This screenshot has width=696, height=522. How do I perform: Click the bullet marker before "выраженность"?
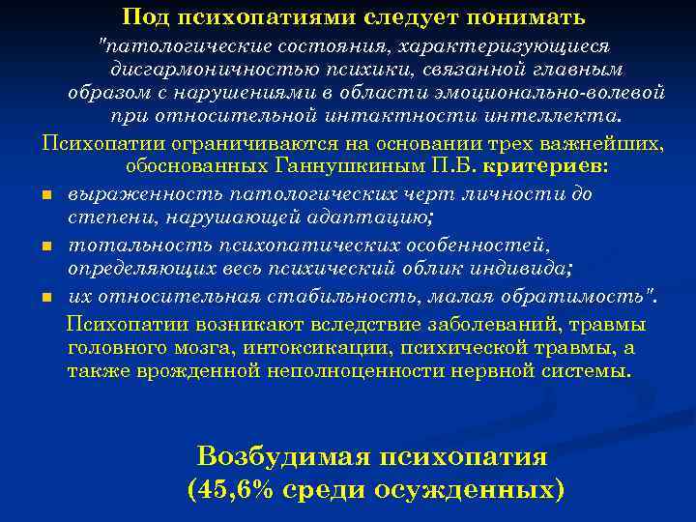(x=46, y=195)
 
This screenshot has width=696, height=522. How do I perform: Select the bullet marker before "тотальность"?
(x=46, y=246)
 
